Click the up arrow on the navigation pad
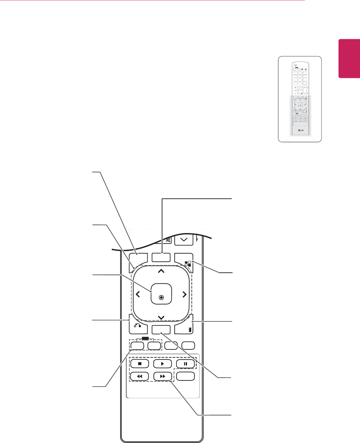pos(161,271)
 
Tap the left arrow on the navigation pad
pos(138,294)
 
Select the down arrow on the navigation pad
pos(161,317)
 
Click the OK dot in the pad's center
pos(161,297)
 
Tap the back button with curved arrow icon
pos(137,326)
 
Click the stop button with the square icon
pos(140,363)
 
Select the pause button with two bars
pos(185,363)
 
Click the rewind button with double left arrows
pos(140,376)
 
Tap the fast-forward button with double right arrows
pos(163,376)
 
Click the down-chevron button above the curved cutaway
pos(184,240)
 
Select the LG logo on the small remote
pos(300,131)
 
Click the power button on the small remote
pos(295,65)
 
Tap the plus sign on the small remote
pos(295,88)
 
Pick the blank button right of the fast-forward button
pos(185,376)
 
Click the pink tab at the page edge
pos(349,59)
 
